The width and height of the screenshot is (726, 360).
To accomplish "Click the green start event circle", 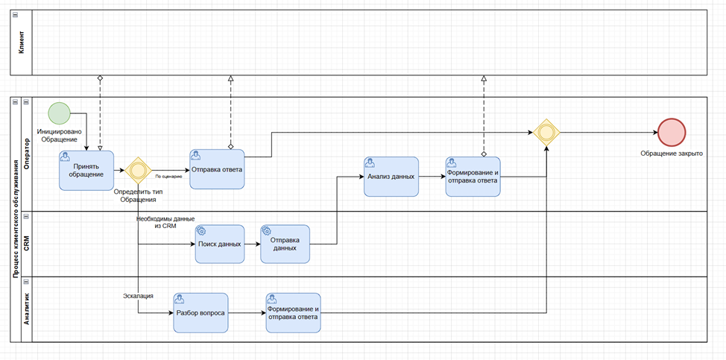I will [59, 113].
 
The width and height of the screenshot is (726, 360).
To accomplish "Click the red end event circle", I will [672, 133].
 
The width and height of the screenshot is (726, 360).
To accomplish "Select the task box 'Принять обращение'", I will [86, 170].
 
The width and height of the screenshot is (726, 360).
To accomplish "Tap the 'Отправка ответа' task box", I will [217, 169].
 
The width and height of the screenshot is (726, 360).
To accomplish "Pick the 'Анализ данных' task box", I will [391, 177].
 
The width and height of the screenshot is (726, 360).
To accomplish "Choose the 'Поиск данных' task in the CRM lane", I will [220, 244].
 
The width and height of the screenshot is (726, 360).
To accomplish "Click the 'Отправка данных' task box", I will [285, 244].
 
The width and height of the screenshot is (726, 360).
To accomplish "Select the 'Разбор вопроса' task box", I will [201, 313].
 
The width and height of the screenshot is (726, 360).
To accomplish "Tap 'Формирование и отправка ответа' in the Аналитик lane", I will [293, 313].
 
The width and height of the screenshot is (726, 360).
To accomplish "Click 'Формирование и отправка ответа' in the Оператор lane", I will [473, 177].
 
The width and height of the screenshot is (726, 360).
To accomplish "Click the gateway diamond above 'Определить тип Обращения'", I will [138, 171].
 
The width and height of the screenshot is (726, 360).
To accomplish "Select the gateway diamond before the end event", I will [546, 133].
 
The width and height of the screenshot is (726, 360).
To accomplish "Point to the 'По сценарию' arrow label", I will [168, 177].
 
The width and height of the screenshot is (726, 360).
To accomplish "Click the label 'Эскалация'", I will [138, 296].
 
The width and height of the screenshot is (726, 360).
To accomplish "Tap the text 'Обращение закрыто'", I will [671, 154].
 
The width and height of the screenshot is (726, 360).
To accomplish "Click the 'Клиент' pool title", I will [22, 44].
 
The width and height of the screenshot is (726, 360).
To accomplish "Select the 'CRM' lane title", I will [27, 243].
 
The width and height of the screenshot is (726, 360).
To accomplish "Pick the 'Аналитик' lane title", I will [27, 309].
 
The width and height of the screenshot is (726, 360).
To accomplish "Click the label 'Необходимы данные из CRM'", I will [165, 222].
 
